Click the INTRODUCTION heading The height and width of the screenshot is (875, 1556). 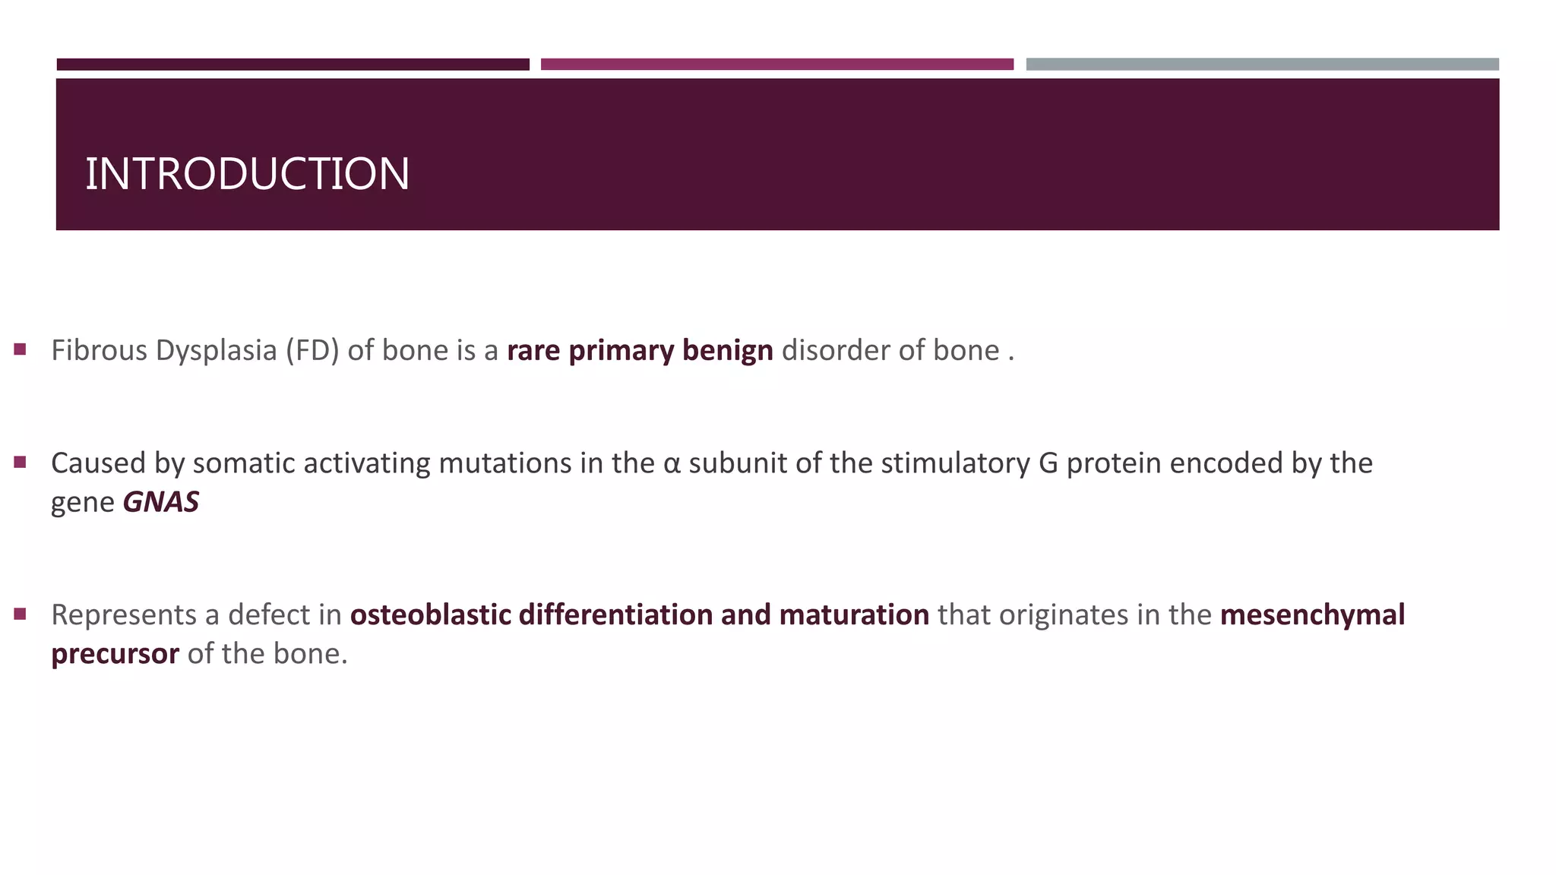pos(247,174)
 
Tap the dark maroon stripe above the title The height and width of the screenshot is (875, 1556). pos(293,65)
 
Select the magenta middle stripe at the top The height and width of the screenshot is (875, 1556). pos(776,65)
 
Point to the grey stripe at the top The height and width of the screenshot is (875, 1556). pos(1262,65)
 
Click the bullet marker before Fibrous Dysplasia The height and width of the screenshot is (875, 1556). pos(20,349)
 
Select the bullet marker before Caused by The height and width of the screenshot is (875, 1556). pos(20,462)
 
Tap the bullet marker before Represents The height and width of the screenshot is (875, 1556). pos(20,614)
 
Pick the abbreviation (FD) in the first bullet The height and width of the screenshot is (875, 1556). pos(312,350)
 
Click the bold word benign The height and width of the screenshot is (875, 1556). pos(727,350)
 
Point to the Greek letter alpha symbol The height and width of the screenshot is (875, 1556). pos(672,464)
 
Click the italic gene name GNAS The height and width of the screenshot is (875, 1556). pos(161,502)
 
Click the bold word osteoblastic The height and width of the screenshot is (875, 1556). pos(430,614)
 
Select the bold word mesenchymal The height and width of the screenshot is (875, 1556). pos(1312,614)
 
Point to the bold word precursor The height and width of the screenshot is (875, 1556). pos(115,654)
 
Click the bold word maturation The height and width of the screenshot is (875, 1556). pos(854,614)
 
